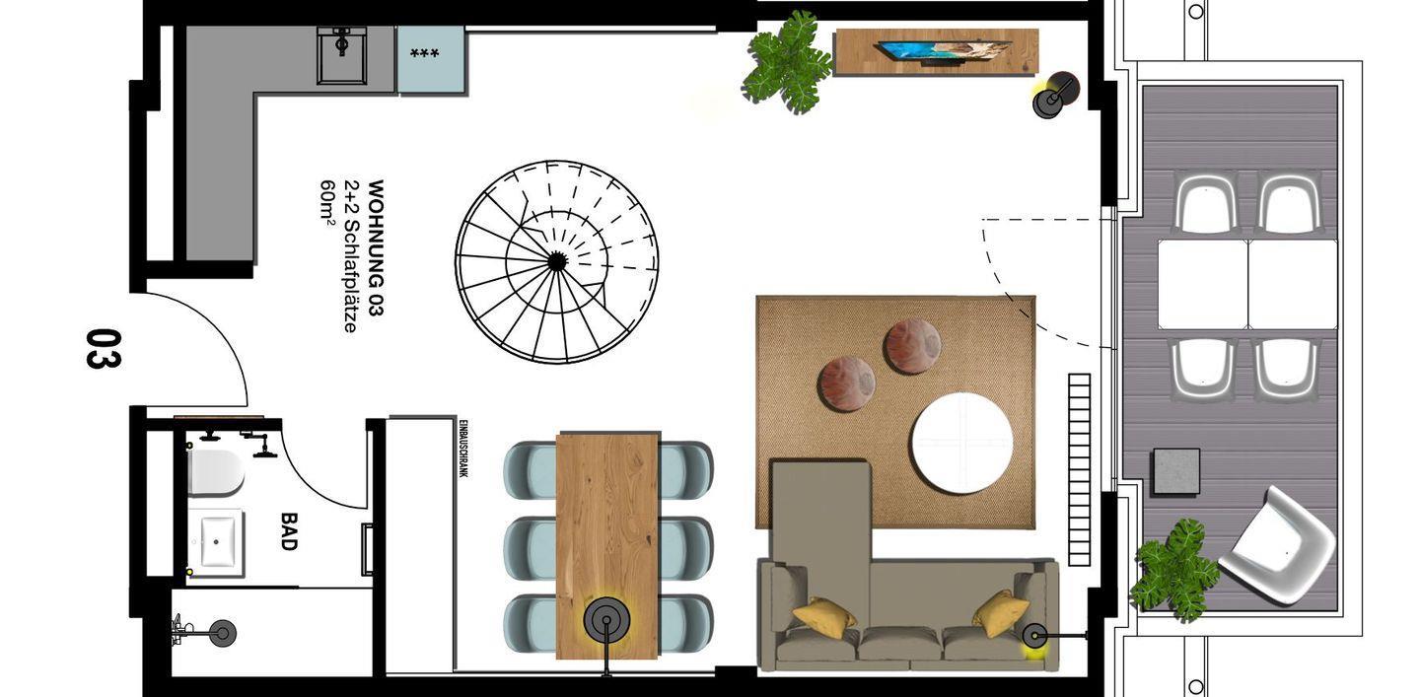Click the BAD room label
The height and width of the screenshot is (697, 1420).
[288, 531]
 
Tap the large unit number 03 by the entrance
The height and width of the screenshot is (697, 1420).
[104, 349]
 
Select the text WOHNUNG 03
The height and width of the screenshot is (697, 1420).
[376, 247]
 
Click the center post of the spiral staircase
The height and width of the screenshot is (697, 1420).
[556, 261]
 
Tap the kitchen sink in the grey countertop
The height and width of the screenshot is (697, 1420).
[342, 56]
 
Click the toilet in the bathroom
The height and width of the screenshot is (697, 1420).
[216, 473]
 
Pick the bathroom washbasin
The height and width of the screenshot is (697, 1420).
[217, 542]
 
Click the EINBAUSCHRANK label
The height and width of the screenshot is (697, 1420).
[463, 449]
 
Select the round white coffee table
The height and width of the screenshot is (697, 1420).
[961, 443]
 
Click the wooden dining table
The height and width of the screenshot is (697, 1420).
[607, 545]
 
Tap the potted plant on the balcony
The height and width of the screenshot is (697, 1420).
[1174, 570]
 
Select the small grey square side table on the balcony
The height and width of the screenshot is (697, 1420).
[1176, 471]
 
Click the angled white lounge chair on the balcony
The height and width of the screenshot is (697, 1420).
[1276, 545]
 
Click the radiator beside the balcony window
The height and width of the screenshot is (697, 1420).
[1080, 469]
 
